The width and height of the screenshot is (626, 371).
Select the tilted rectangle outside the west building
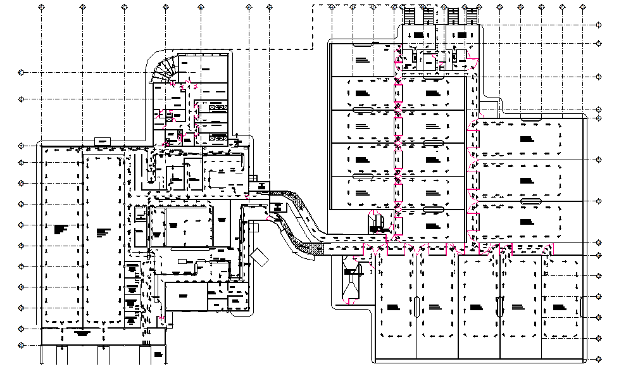pos(260,256)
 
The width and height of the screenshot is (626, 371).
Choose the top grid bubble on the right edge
pos(599,24)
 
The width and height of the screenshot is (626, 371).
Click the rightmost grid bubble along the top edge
pos(582,6)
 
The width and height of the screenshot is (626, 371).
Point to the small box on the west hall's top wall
pos(102,140)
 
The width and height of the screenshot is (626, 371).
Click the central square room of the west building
pos(184,225)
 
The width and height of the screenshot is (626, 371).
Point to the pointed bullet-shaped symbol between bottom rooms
pos(500,307)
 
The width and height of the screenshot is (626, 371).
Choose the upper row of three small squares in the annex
pos(217,107)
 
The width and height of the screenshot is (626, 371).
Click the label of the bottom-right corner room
pos(559,307)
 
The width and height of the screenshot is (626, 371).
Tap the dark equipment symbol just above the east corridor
pos(379,222)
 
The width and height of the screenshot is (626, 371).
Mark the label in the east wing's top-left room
pos(362,60)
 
